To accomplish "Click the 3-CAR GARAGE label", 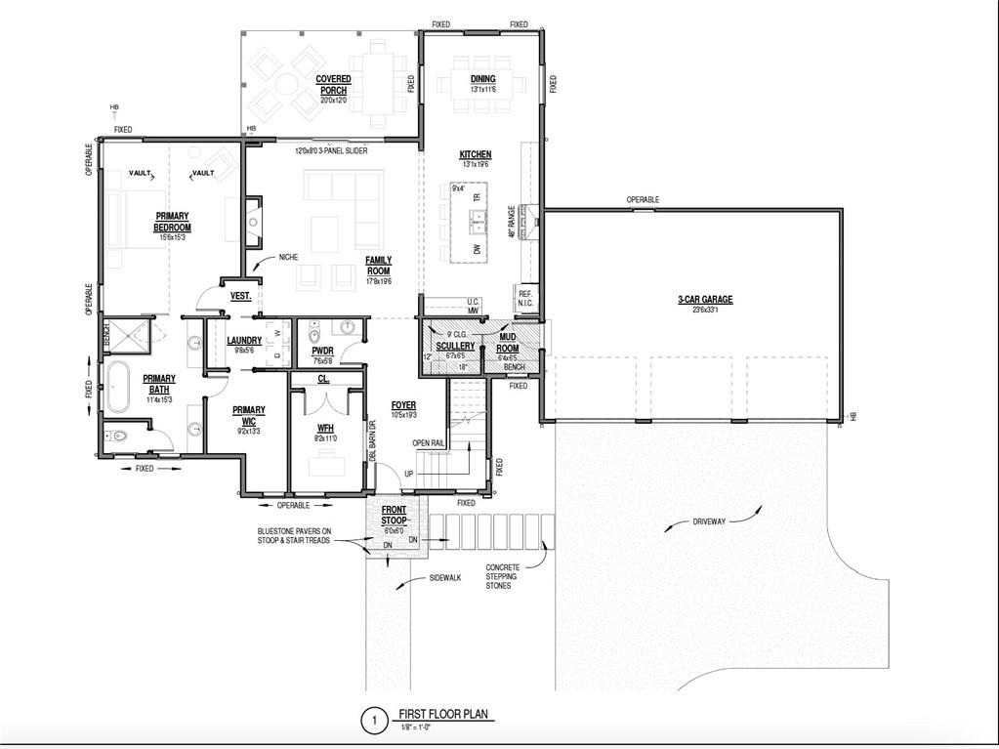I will [705, 300].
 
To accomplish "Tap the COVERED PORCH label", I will [333, 85].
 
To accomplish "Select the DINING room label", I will [482, 79].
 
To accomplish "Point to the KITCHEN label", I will [476, 154].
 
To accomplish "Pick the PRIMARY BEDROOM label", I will [171, 222].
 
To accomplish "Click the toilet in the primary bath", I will [118, 436].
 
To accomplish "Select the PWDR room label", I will [321, 349].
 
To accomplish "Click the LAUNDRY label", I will [243, 341].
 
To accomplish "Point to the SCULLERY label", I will [455, 346].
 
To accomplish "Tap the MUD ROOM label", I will [507, 342].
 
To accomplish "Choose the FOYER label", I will [404, 404].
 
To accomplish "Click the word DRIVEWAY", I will [709, 522].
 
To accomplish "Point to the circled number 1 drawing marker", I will [372, 722].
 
